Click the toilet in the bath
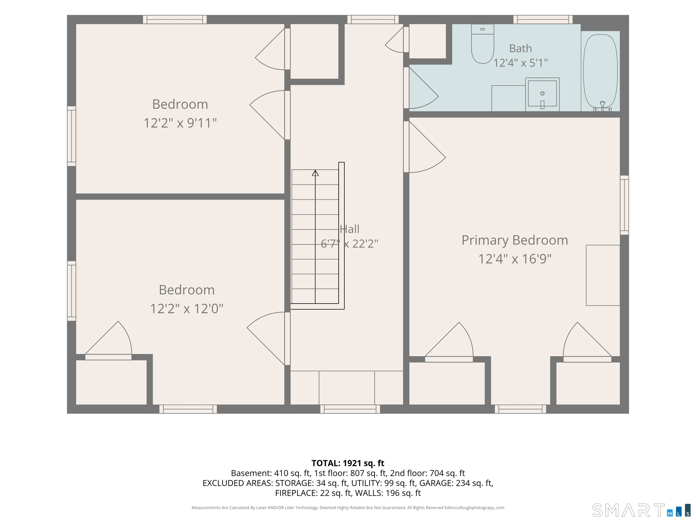[x=482, y=44]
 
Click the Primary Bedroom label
[x=515, y=240]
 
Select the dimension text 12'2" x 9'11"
[x=180, y=123]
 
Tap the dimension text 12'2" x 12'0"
[x=187, y=308]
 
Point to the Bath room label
[x=520, y=48]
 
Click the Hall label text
[x=350, y=229]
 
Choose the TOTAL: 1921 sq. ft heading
[x=348, y=463]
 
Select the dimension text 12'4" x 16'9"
[x=515, y=259]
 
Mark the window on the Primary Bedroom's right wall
[x=624, y=205]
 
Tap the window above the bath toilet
[x=543, y=19]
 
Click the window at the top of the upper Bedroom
[x=175, y=19]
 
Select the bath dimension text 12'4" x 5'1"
[x=520, y=63]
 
